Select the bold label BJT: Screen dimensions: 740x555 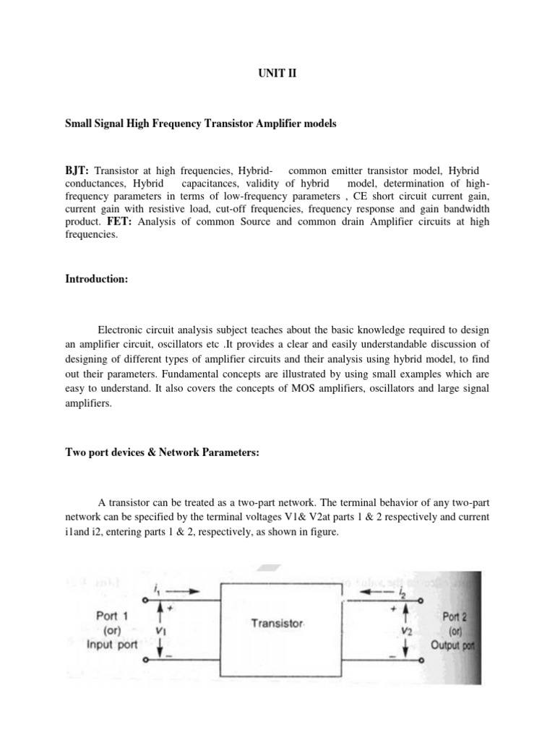point(77,170)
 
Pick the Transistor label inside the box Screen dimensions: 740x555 point(277,622)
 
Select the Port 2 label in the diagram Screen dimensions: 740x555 point(457,616)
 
